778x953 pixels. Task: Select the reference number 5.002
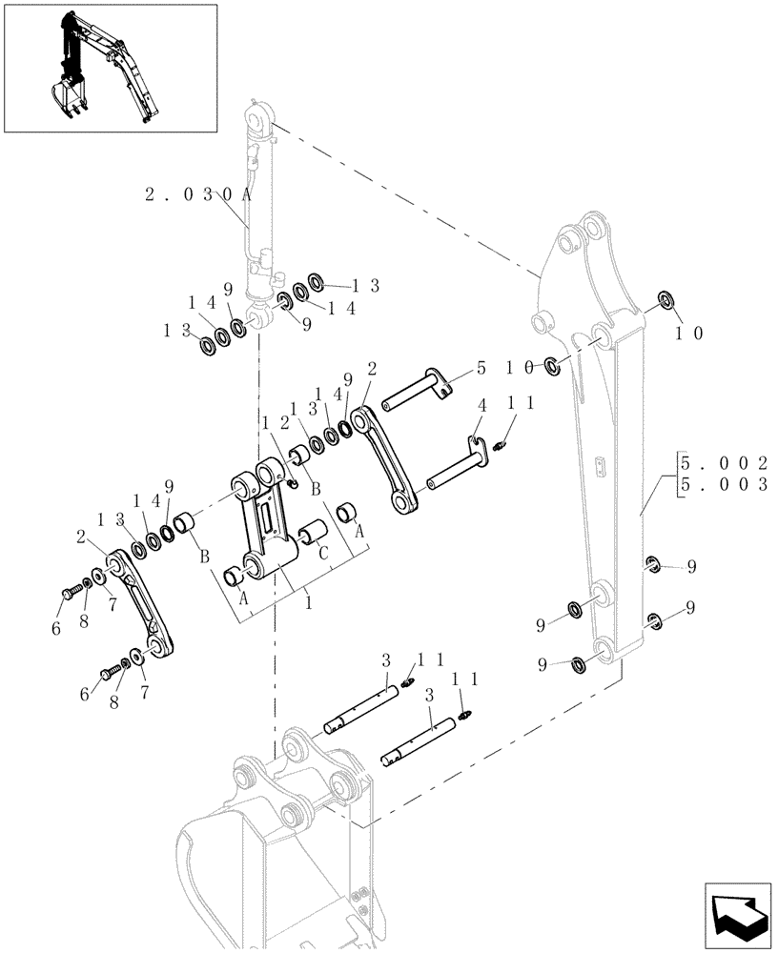coord(724,463)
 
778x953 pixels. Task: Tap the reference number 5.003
coord(724,484)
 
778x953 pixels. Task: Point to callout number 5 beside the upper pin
coord(481,367)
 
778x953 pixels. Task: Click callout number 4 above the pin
coord(481,406)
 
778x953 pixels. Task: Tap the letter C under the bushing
coord(324,552)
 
